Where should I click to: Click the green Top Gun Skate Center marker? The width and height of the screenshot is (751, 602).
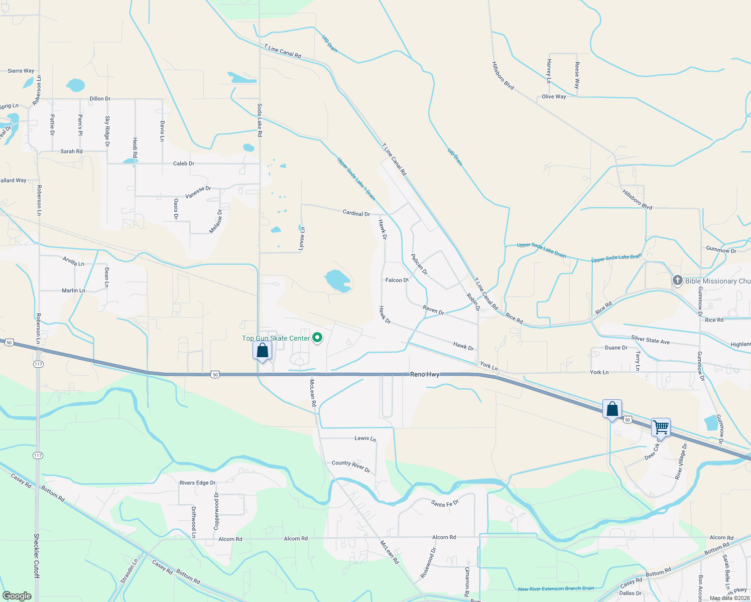(317, 338)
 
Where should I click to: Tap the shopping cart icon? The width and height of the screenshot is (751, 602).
(661, 428)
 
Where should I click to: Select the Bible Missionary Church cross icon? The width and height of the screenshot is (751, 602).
(677, 281)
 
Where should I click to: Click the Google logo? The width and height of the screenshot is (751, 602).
(17, 595)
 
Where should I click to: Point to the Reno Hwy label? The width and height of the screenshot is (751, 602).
(425, 374)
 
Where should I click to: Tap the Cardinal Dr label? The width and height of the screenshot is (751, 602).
(356, 213)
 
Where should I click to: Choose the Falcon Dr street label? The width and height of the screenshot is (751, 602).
(397, 280)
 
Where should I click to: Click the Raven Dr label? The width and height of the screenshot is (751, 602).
(433, 311)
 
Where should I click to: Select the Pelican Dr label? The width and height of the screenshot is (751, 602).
(419, 264)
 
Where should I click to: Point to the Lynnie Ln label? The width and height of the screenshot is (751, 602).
(302, 238)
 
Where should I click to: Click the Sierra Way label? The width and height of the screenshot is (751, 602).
(21, 71)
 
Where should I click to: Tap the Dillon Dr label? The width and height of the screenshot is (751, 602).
(100, 99)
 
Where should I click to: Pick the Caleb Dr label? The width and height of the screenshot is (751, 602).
(183, 164)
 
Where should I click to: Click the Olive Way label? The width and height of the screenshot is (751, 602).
(554, 97)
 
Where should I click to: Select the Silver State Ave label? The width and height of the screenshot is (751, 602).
(650, 340)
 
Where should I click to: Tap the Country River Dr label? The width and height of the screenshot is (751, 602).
(350, 467)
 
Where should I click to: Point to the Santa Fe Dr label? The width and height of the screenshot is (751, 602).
(445, 503)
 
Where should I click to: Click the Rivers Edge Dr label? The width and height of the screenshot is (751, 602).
(197, 483)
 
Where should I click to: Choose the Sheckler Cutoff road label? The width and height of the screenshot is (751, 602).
(36, 555)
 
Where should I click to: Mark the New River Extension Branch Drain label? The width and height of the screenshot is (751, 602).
(556, 588)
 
